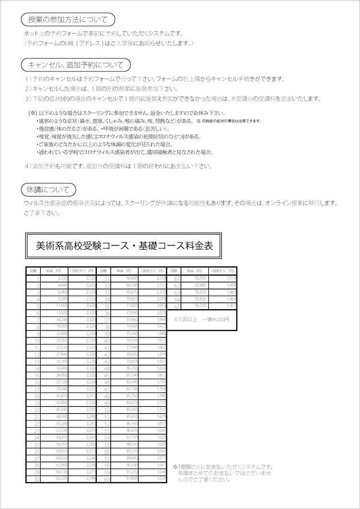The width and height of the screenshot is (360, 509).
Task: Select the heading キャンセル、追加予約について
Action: click(x=76, y=65)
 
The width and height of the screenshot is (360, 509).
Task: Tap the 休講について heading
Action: click(x=48, y=189)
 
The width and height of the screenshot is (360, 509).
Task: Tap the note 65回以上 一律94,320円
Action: click(x=202, y=319)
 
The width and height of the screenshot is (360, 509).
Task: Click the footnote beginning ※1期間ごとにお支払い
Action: click(x=223, y=473)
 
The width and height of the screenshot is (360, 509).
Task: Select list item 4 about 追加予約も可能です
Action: click(x=117, y=166)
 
